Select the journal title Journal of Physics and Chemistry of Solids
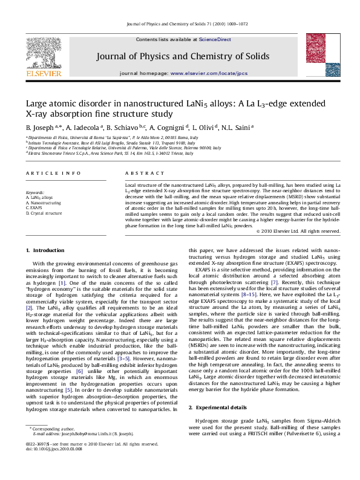tap(179, 56)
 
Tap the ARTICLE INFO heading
tap(47, 174)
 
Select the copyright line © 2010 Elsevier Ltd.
tap(298, 231)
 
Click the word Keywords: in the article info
tap(35, 192)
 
